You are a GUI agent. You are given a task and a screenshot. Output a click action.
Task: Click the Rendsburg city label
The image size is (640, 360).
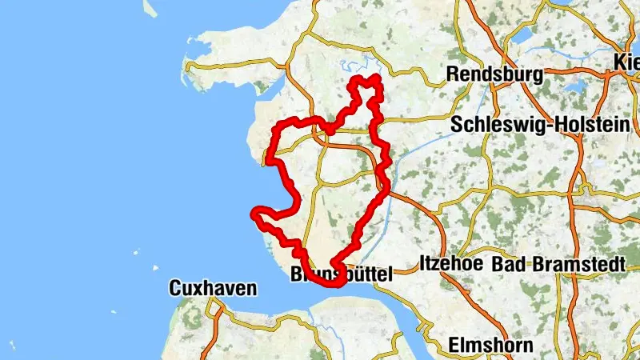click(x=494, y=74)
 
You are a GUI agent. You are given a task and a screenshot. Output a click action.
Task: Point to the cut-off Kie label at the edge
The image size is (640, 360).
click(x=626, y=62)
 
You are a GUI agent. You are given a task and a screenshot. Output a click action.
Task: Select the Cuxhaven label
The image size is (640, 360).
click(x=213, y=289)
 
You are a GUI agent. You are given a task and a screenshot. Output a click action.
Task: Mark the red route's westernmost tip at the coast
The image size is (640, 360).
click(x=255, y=212)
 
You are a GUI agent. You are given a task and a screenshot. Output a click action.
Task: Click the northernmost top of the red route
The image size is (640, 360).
click(x=374, y=78)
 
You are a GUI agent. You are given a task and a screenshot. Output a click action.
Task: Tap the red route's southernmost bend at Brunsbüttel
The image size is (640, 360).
click(x=332, y=282)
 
